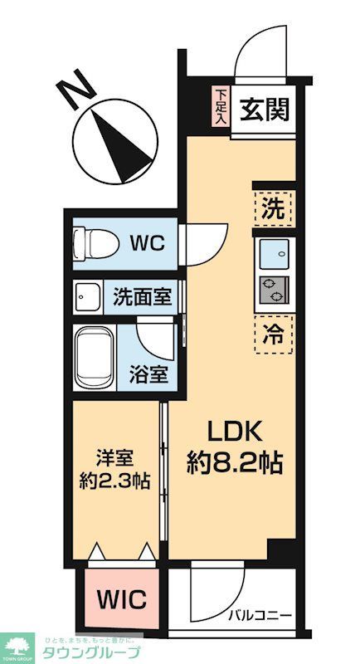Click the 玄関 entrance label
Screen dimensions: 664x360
(x=265, y=110)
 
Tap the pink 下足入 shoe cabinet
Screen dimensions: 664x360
(x=220, y=107)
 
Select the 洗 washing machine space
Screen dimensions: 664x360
(x=274, y=208)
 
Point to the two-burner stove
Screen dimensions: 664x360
(x=274, y=290)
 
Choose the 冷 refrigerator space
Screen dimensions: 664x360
(x=274, y=336)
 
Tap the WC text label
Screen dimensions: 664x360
(x=148, y=243)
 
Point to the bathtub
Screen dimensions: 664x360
(x=94, y=359)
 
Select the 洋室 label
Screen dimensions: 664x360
(x=116, y=458)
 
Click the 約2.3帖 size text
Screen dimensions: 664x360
(x=116, y=481)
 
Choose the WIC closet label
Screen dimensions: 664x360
(x=124, y=599)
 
